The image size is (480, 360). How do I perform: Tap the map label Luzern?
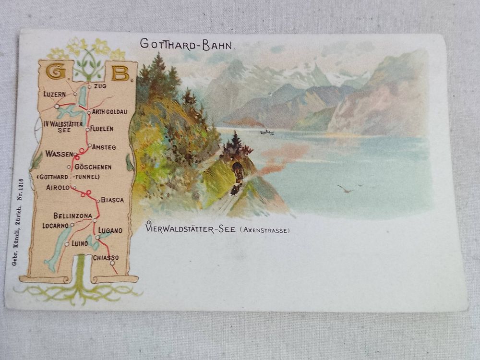pos(54,94)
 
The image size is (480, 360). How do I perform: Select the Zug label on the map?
pos(100,86)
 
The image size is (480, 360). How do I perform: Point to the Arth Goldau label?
pos(109,112)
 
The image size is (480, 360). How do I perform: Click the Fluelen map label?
pos(102,129)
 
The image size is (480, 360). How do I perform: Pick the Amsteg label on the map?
pos(104,147)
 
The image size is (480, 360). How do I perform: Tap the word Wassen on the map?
pos(59,154)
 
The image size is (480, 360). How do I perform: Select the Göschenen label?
pos(93,167)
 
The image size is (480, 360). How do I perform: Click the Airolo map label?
pos(58,188)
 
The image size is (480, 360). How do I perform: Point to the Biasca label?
pos(112,200)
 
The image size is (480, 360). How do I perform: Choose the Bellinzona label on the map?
pos(72,216)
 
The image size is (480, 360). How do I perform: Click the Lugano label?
pos(110,230)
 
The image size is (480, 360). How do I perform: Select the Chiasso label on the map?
pos(106,258)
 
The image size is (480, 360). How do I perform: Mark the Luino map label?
pos(79,243)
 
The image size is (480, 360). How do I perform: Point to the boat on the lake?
pos(267,132)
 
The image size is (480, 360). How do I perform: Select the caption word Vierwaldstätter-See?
pos(190,229)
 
